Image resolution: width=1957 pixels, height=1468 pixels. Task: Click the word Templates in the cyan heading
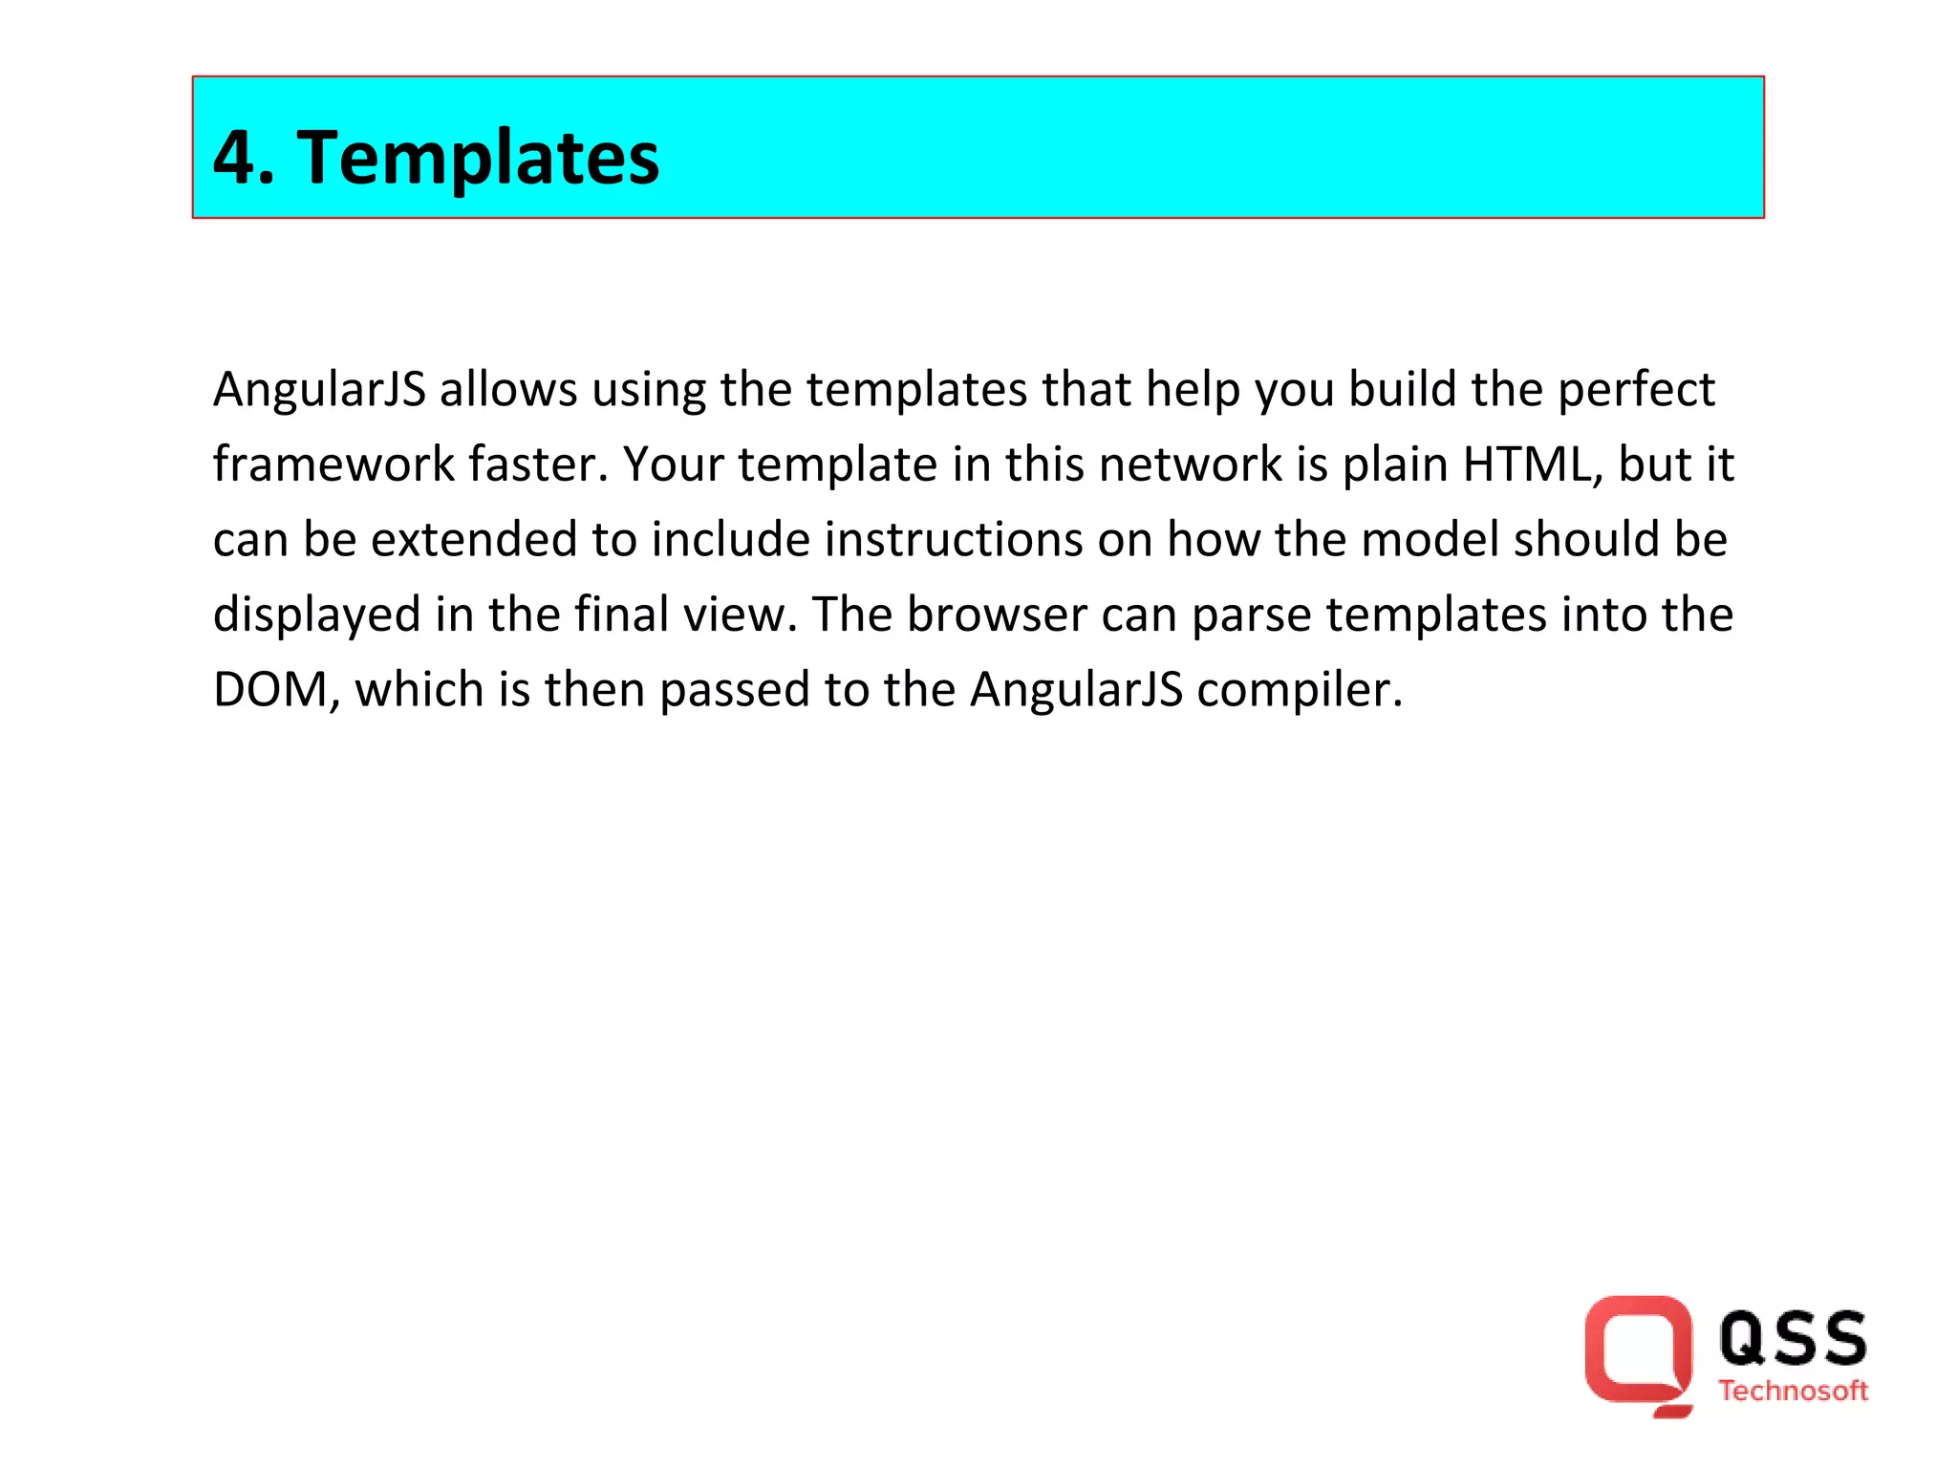[x=478, y=158]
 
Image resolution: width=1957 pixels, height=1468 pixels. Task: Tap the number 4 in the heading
[x=235, y=158]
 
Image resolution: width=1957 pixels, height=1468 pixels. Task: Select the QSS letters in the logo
[x=1793, y=1338]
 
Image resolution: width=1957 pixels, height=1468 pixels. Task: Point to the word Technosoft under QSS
[x=1793, y=1391]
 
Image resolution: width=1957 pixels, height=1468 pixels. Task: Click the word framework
[x=333, y=464]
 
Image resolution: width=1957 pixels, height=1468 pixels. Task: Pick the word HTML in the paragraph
[x=1533, y=464]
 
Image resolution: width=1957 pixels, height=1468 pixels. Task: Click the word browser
[x=996, y=615]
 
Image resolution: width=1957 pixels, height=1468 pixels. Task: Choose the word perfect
[x=1636, y=390]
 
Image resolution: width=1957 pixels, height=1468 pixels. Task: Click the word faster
[x=537, y=464]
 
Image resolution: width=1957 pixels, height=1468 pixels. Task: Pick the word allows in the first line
[x=508, y=390]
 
